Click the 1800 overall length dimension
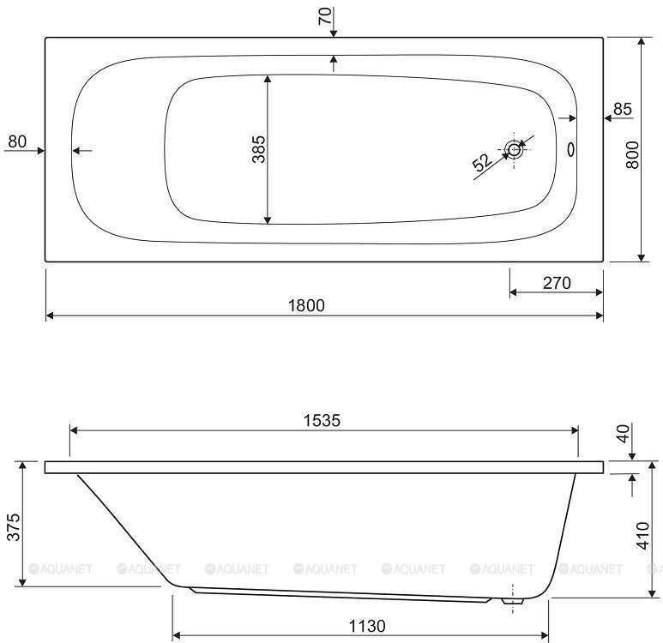306,305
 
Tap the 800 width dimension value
633,155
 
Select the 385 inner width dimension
258,149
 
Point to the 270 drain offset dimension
557,283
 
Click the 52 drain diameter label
482,162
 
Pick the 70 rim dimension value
325,16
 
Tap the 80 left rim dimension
17,141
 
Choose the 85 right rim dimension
623,109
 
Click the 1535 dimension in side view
322,420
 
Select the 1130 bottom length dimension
367,626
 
